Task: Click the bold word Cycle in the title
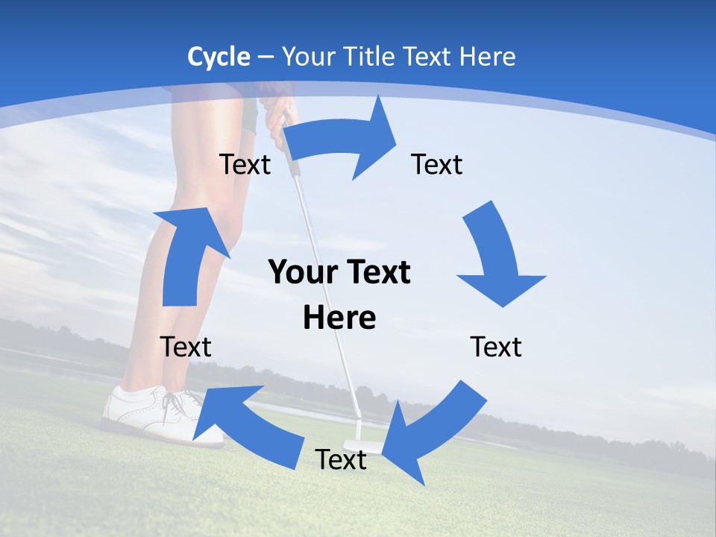pos(219,57)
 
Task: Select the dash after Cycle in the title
pos(265,57)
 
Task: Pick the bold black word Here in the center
pos(339,318)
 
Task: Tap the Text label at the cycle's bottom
pos(341,460)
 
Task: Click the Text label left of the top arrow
pos(245,164)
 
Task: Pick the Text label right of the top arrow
pos(437,164)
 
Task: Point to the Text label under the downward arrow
pos(496,347)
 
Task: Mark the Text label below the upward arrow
pos(186,347)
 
